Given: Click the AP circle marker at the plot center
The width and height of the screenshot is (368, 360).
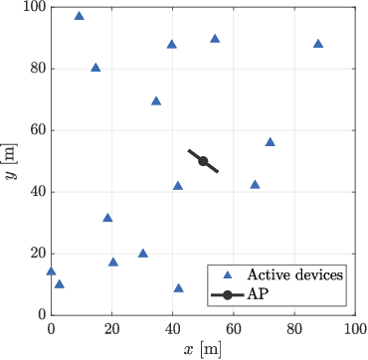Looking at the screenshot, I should (203, 161).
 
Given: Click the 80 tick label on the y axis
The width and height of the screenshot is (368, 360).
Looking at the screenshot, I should (33, 69).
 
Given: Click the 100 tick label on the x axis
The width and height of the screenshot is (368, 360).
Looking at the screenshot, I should (355, 327).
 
